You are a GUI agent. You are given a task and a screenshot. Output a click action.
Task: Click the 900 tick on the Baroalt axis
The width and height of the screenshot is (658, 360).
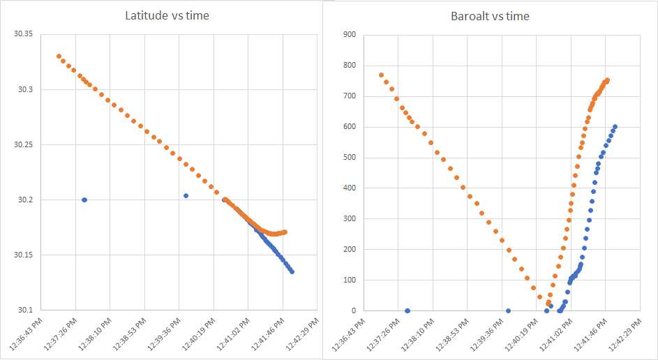click(x=347, y=35)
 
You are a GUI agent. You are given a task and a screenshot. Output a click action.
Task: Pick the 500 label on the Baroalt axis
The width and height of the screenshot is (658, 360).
click(x=347, y=158)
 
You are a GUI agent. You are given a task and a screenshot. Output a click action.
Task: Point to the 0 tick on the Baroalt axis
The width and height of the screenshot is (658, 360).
click(x=352, y=310)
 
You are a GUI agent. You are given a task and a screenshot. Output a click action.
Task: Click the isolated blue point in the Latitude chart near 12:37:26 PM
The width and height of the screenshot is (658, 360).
click(x=84, y=200)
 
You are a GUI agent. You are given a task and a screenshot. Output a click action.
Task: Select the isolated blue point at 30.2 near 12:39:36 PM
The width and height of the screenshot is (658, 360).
click(x=186, y=196)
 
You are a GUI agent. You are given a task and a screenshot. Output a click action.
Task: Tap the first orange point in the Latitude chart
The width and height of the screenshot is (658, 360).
click(x=59, y=57)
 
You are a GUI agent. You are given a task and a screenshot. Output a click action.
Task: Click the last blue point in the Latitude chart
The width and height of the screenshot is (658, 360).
click(x=292, y=271)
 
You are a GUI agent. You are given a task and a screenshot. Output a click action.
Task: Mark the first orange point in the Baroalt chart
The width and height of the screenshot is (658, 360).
click(x=381, y=75)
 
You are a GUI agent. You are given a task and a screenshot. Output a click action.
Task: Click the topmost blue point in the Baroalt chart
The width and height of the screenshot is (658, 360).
click(x=615, y=127)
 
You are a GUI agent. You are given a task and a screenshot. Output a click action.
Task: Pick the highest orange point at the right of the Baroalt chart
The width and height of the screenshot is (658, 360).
click(x=607, y=80)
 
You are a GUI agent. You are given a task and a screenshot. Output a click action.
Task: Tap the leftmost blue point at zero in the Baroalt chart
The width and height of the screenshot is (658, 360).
click(x=407, y=310)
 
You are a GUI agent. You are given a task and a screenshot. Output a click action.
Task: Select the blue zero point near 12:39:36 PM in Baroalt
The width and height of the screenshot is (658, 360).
click(x=508, y=310)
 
